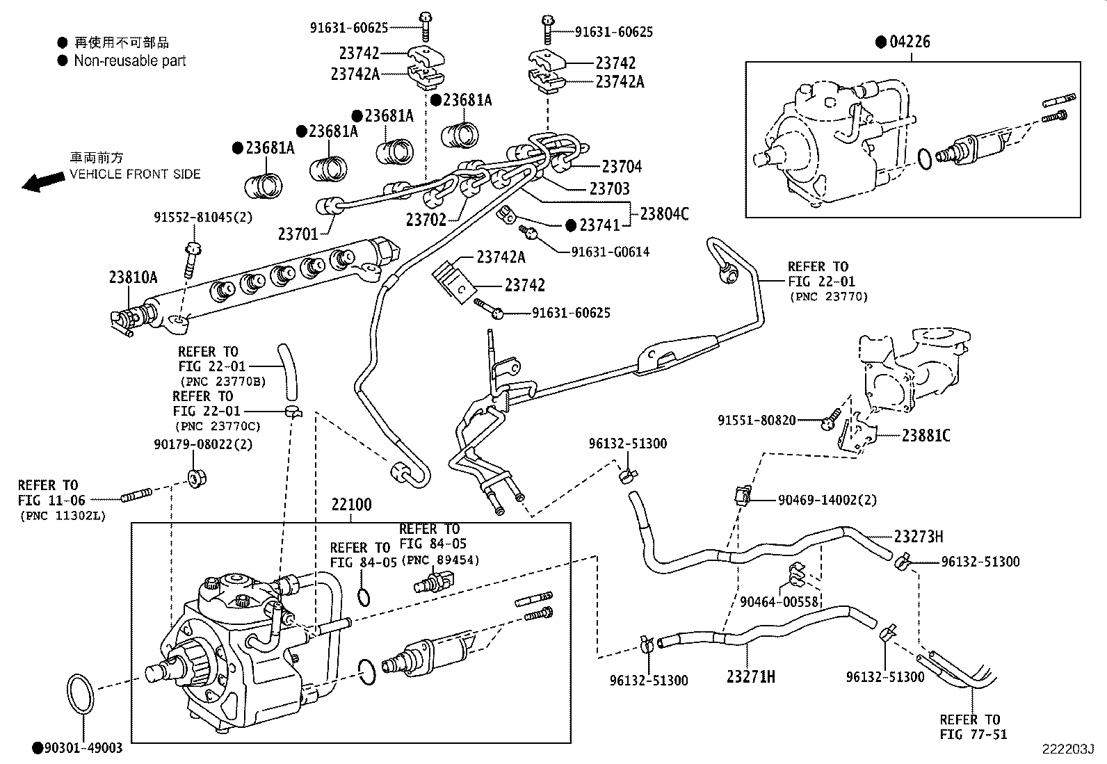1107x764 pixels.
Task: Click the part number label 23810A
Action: (133, 278)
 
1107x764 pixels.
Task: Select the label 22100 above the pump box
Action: (351, 505)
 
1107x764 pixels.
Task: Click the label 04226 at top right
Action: (909, 42)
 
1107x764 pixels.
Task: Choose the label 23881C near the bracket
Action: (926, 436)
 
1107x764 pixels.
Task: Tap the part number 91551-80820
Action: (757, 421)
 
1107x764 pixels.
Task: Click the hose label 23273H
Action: (919, 537)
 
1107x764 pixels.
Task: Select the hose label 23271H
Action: (751, 676)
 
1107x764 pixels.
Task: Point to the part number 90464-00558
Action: (779, 602)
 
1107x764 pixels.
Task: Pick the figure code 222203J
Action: (1067, 749)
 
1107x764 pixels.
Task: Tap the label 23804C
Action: (664, 214)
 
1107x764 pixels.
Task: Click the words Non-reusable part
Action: (130, 61)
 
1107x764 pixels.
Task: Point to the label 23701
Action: (298, 235)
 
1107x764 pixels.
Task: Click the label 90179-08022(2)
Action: (203, 444)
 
